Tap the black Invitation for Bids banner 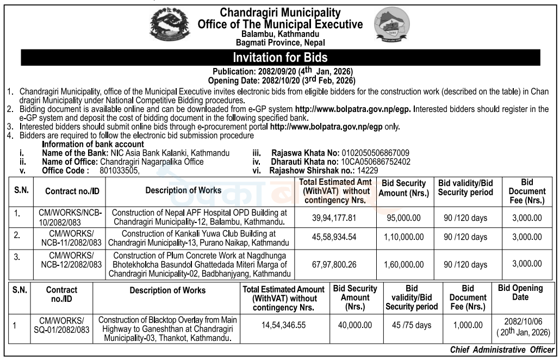[x=280, y=57]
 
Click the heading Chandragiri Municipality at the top [x=280, y=12]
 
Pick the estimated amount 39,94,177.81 [x=334, y=218]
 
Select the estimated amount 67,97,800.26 [x=334, y=264]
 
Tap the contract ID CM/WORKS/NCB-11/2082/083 [x=71, y=237]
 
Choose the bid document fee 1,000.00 [x=468, y=325]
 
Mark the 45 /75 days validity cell [x=412, y=325]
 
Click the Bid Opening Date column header [x=520, y=293]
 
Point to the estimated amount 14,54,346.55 [x=283, y=325]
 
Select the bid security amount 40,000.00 [x=354, y=325]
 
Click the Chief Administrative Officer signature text [x=502, y=350]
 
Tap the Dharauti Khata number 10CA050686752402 [x=375, y=162]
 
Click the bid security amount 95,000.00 [x=401, y=218]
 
